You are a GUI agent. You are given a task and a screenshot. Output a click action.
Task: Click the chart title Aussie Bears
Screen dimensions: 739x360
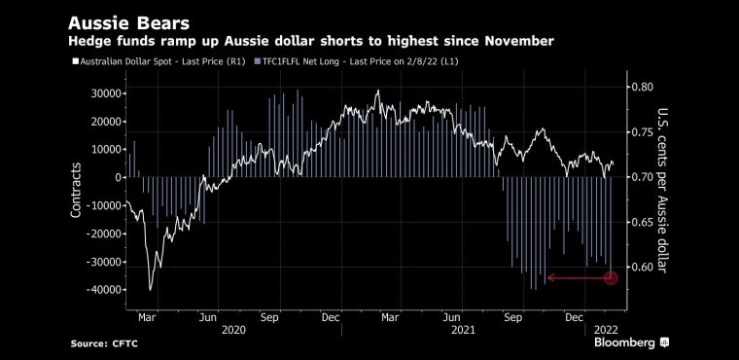click(x=128, y=23)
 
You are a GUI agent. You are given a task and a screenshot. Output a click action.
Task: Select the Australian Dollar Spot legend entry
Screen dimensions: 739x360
click(x=158, y=62)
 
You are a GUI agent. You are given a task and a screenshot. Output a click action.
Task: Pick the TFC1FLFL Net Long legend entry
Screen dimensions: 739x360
click(x=357, y=62)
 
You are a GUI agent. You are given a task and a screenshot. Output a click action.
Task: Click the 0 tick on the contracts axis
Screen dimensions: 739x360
click(x=118, y=177)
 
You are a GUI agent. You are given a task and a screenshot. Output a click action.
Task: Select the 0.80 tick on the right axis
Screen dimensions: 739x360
click(x=643, y=87)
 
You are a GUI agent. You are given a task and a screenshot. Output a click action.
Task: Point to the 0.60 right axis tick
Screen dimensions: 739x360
click(x=643, y=267)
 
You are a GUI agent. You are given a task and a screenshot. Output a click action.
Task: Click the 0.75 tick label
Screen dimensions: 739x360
click(x=643, y=132)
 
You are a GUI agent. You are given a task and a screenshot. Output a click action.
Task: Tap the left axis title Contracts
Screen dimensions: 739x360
click(x=76, y=190)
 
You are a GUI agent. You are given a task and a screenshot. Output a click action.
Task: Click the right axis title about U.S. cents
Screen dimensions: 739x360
click(x=662, y=191)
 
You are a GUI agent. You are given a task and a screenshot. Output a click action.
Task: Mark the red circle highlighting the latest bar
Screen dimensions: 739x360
click(x=611, y=278)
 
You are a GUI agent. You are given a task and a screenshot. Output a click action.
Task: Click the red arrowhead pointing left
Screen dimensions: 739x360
click(x=550, y=278)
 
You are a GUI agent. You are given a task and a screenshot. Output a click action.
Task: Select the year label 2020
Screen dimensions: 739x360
click(x=233, y=330)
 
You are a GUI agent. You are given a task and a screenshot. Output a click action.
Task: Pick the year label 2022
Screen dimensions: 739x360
click(x=605, y=330)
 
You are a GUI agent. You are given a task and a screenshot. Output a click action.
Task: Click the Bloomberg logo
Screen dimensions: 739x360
click(x=631, y=342)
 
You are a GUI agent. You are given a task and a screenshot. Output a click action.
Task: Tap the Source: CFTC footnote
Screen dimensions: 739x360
click(x=104, y=344)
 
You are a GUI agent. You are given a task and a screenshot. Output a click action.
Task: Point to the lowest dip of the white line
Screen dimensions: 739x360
click(x=151, y=290)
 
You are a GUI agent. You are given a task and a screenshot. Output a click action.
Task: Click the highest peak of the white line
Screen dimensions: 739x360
click(x=377, y=90)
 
